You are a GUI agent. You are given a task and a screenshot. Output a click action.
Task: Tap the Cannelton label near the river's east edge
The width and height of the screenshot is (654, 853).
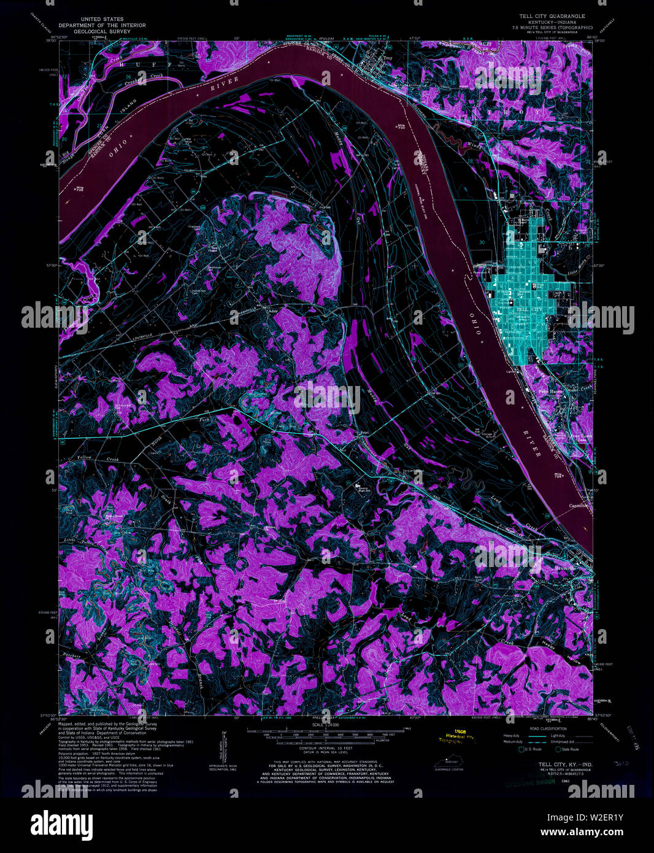[579, 506]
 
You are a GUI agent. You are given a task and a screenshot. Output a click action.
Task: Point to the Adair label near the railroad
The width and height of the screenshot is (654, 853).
[274, 311]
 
